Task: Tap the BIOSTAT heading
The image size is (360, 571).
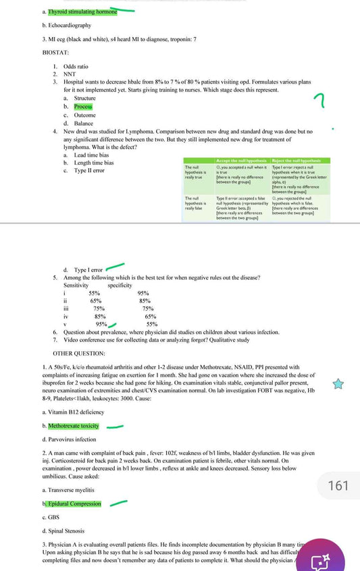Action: pos(55,51)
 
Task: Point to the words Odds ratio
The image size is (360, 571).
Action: pos(76,66)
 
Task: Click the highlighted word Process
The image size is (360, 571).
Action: pos(83,107)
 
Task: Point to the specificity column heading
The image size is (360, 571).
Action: pos(120,285)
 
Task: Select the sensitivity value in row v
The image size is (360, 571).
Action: pos(101,324)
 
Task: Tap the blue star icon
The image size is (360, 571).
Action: pos(338,383)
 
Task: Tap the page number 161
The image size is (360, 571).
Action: pos(338,485)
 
